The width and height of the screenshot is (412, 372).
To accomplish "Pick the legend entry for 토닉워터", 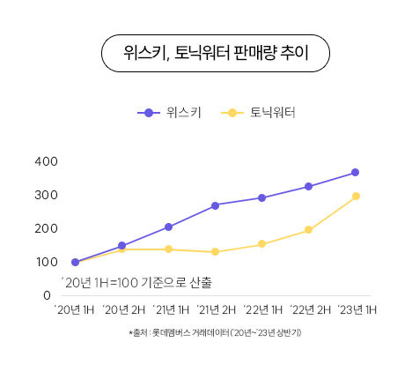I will [x=261, y=112].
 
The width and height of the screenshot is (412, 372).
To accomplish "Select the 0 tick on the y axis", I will [x=47, y=295].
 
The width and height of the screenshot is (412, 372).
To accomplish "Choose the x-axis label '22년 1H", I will [x=262, y=309].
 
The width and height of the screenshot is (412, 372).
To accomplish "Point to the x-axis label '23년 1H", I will [x=357, y=309].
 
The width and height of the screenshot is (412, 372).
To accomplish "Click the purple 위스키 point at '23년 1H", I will [x=355, y=172].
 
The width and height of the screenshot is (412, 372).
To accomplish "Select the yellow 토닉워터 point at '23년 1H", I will [x=356, y=196].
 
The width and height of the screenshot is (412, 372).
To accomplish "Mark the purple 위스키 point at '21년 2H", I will [x=215, y=205].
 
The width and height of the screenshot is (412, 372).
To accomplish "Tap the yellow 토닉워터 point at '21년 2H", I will [x=215, y=252].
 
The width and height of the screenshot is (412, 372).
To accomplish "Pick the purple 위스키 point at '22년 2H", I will [x=308, y=186].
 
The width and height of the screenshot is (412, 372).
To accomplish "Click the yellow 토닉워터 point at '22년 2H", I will [x=308, y=230].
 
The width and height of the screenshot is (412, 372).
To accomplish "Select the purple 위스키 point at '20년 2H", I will [x=121, y=246].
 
